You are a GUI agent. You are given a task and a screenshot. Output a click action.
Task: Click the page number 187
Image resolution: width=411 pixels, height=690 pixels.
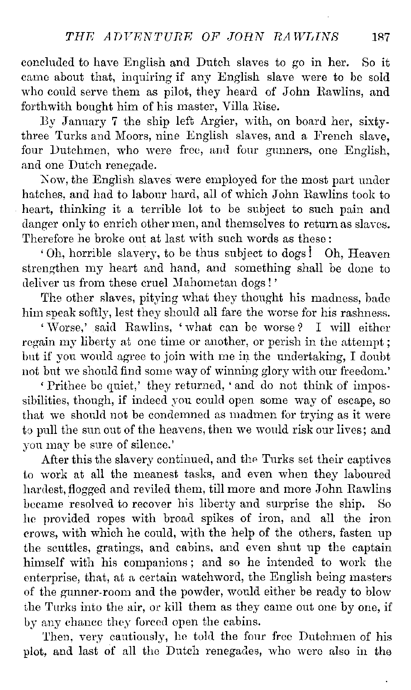381,37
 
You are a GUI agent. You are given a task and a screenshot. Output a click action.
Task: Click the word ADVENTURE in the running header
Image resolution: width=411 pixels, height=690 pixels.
132,37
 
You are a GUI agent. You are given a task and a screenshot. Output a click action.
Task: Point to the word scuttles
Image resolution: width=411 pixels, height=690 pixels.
58,548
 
